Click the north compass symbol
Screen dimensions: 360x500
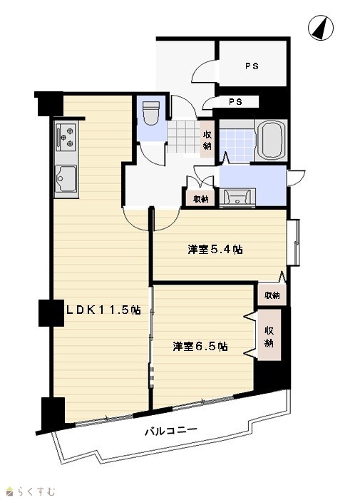pyautogui.click(x=321, y=28)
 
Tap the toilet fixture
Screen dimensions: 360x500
pyautogui.click(x=150, y=113)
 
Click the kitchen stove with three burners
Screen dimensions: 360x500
pyautogui.click(x=66, y=137)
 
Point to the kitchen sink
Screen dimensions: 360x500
pyautogui.click(x=66, y=178)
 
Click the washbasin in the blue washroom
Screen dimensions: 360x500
pyautogui.click(x=237, y=197)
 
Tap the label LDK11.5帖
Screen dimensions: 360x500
pyautogui.click(x=103, y=310)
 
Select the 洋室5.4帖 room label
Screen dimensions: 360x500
pyautogui.click(x=215, y=250)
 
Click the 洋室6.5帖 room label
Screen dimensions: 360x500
pyautogui.click(x=200, y=347)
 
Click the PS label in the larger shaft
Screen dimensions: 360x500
pyautogui.click(x=252, y=66)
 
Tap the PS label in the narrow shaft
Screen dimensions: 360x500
pyautogui.click(x=235, y=102)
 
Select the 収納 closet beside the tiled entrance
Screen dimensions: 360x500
pyautogui.click(x=207, y=140)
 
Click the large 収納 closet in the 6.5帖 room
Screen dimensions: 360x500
pyautogui.click(x=269, y=335)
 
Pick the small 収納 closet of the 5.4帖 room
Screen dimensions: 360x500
pyautogui.click(x=272, y=295)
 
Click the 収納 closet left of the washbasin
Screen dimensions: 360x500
pyautogui.click(x=201, y=199)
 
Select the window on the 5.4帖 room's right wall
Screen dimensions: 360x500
pyautogui.click(x=294, y=242)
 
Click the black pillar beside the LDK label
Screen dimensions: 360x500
pyautogui.click(x=51, y=313)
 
